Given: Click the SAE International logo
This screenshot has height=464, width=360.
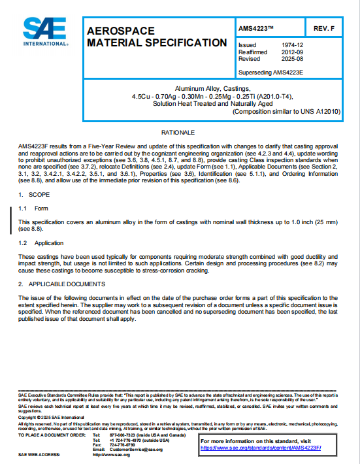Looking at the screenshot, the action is (46, 31).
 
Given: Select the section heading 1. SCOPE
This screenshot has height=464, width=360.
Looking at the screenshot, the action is (31, 195).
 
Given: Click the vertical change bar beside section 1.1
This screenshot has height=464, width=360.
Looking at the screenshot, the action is (11, 216).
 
